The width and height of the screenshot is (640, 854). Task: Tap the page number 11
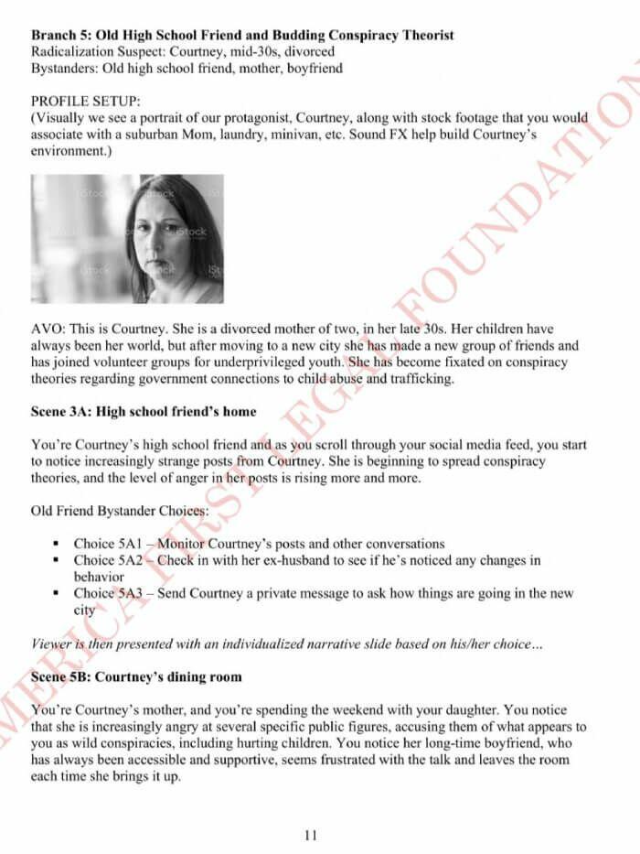311,834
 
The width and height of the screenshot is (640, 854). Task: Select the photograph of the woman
127,238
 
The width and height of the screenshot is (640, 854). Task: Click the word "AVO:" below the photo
48,328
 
